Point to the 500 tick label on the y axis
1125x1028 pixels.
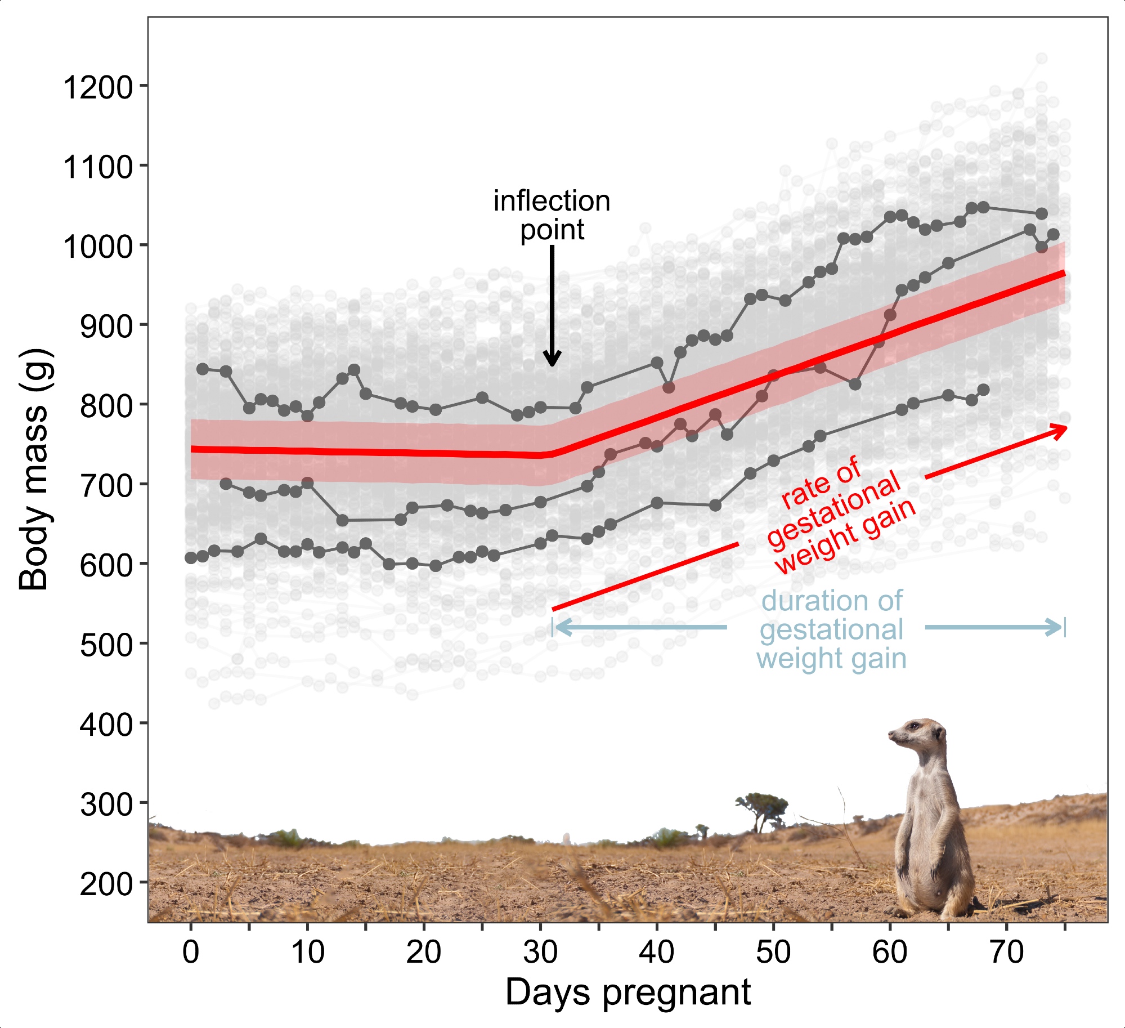tap(106, 645)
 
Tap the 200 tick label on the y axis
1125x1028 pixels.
tap(106, 884)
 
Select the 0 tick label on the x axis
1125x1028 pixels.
tap(191, 952)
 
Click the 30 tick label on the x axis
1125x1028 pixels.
tap(540, 952)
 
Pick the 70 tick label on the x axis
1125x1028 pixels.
tap(1006, 952)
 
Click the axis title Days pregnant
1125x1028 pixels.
tap(628, 992)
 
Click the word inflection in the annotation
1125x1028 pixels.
tap(552, 201)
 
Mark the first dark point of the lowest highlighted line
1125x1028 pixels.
tap(191, 557)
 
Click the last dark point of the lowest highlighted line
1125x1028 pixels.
tap(983, 390)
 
